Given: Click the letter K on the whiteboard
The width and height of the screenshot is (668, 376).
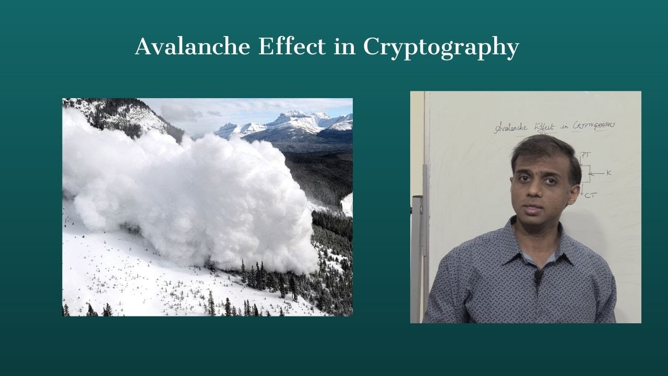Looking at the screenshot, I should point(609,173).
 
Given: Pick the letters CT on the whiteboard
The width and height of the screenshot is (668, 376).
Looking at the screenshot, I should point(590,196).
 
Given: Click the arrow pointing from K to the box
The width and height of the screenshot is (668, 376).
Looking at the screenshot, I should point(597,173).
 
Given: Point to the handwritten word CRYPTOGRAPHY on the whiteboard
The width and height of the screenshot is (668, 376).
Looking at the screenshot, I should point(594,125).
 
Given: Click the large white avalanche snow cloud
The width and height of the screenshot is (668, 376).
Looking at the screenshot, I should point(193,198).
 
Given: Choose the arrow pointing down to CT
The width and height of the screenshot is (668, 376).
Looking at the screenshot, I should point(581,191).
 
